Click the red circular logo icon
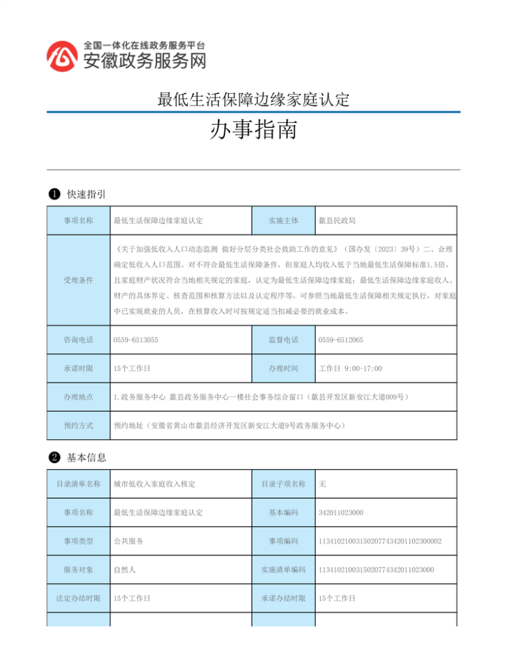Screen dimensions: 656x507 62,55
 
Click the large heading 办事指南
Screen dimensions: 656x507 253,131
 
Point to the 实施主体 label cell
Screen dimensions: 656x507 283,221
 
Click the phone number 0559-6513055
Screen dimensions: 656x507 136,340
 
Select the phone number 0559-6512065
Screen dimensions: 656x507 341,340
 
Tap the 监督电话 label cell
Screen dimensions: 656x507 283,340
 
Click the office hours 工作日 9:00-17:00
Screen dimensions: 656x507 350,368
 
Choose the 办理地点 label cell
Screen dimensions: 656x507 78,397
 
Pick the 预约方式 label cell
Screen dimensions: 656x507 78,425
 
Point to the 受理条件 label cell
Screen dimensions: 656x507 78,280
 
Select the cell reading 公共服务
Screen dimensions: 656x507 129,541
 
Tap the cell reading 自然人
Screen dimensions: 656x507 125,569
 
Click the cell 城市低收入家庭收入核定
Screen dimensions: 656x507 154,484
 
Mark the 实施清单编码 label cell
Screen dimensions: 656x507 283,569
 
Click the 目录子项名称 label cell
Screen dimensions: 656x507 283,484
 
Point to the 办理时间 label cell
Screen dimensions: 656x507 283,368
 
